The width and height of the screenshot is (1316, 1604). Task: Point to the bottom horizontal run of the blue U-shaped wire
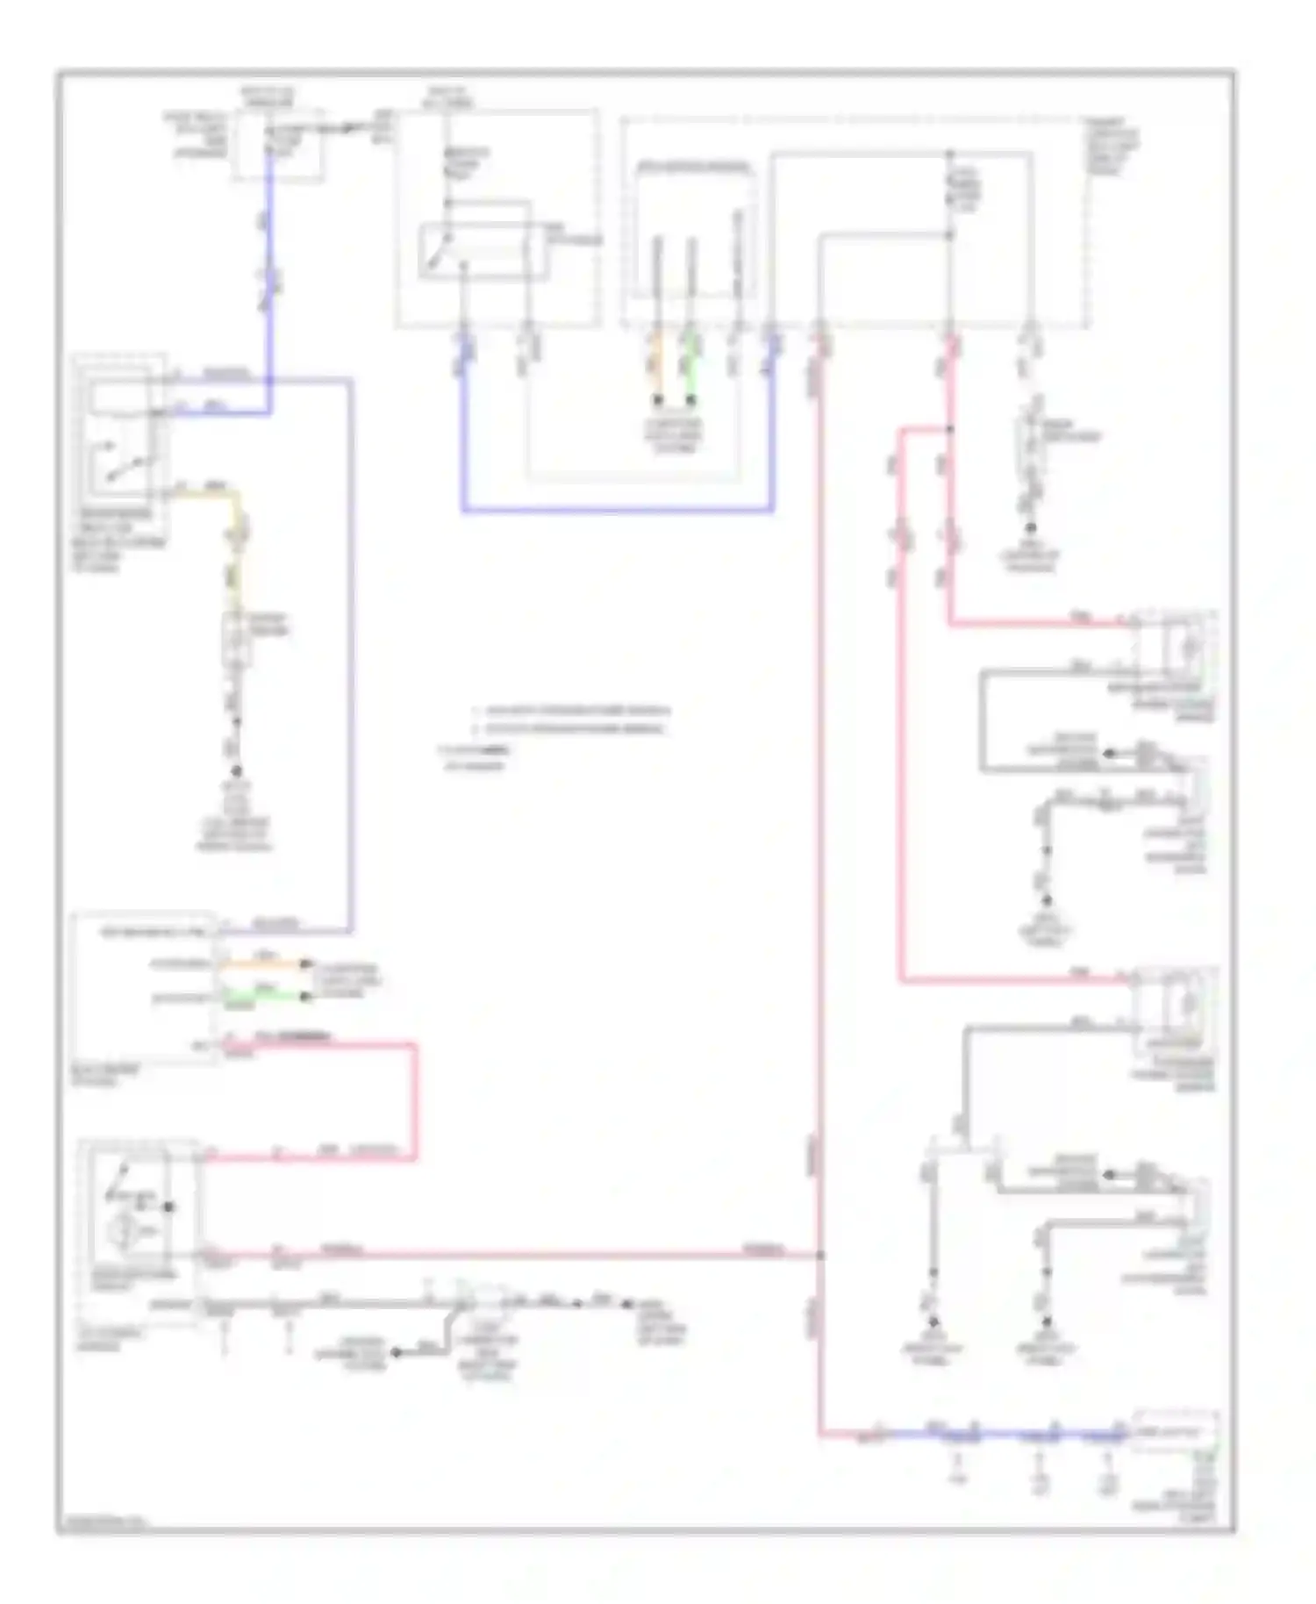coord(614,510)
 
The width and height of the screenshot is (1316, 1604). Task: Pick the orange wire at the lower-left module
coord(263,963)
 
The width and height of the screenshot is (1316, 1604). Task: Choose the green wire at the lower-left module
coord(263,996)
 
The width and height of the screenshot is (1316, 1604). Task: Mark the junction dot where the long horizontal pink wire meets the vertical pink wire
coord(821,1256)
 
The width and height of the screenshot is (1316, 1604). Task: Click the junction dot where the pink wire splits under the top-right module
coord(949,429)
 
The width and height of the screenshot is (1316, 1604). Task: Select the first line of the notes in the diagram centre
coord(570,710)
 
